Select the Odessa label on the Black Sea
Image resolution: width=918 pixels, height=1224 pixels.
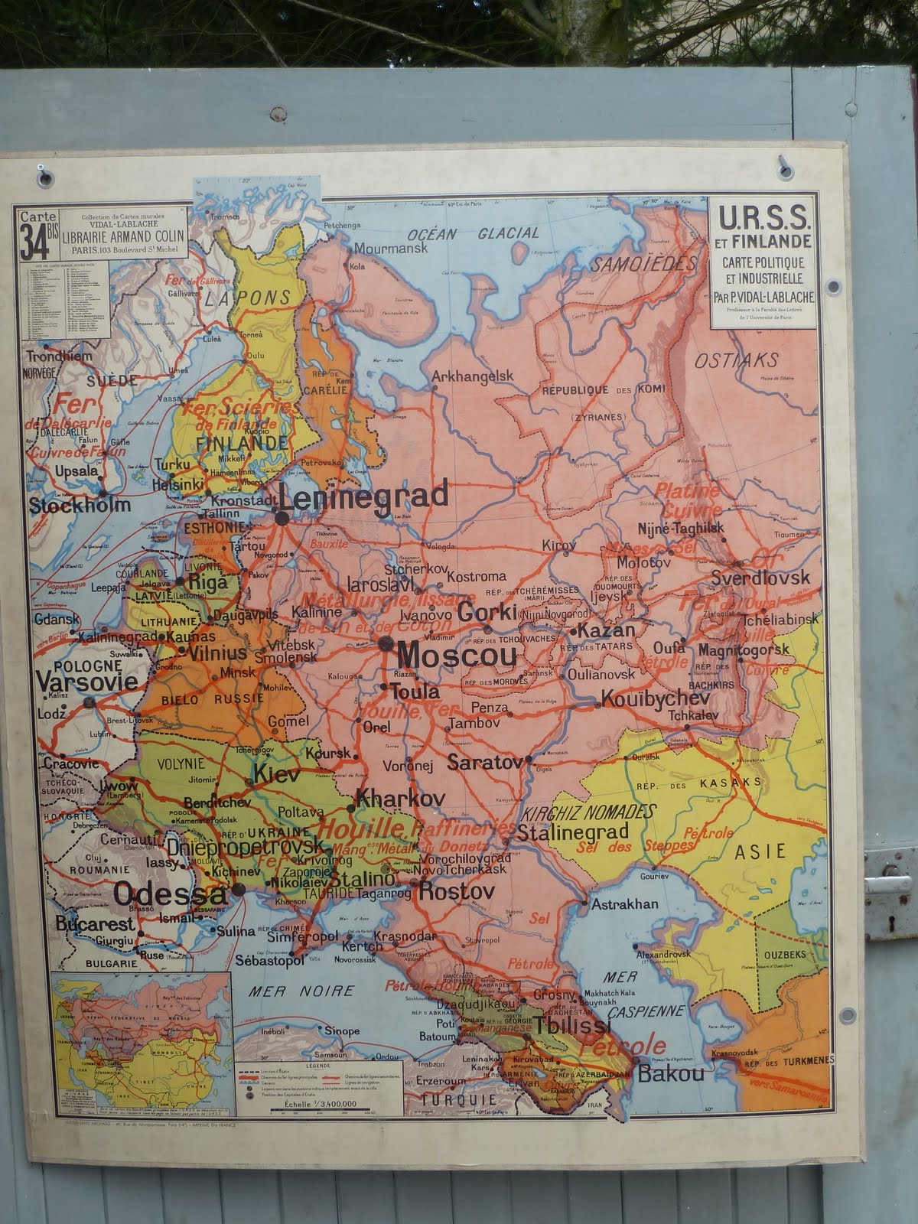coord(170,894)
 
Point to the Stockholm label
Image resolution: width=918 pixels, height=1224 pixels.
coord(80,505)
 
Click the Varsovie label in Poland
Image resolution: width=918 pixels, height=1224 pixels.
coord(86,681)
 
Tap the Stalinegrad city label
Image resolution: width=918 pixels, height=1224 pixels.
coord(573,832)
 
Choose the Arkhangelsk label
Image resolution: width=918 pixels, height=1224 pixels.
coord(471,376)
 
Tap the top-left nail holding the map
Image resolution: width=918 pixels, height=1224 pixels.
coord(44,177)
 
